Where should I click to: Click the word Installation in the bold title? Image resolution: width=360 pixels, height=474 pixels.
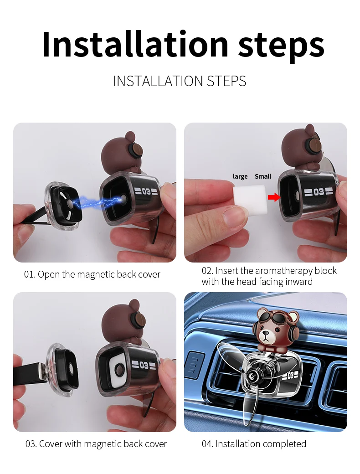135,44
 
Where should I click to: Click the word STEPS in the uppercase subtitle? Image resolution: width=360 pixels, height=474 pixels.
226,81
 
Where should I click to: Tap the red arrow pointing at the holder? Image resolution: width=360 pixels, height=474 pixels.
274,197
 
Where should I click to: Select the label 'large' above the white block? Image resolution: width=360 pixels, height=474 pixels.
240,176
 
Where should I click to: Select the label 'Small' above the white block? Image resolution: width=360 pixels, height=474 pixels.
263,176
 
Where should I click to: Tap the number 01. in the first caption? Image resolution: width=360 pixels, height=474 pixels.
30,274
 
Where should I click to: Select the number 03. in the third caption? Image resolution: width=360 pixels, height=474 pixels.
31,444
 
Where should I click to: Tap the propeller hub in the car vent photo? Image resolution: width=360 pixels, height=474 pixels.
252,376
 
